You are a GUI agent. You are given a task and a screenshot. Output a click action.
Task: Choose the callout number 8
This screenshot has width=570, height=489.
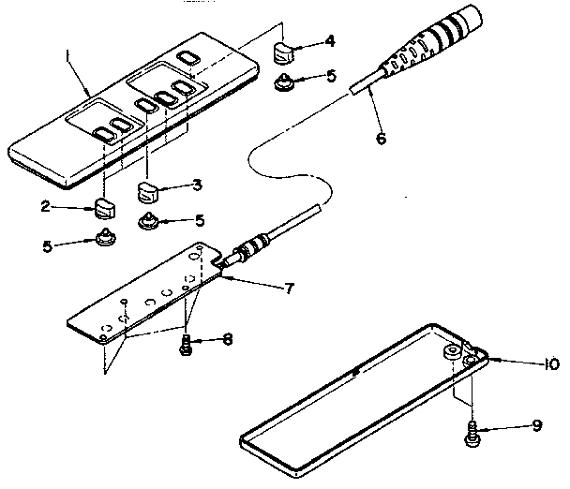pyautogui.click(x=229, y=339)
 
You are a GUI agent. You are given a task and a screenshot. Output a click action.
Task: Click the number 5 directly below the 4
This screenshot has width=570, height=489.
pyautogui.click(x=330, y=78)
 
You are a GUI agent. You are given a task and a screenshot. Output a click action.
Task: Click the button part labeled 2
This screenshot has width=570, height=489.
pyautogui.click(x=104, y=206)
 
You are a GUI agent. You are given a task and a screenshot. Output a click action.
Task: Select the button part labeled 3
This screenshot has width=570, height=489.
pyautogui.click(x=147, y=193)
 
